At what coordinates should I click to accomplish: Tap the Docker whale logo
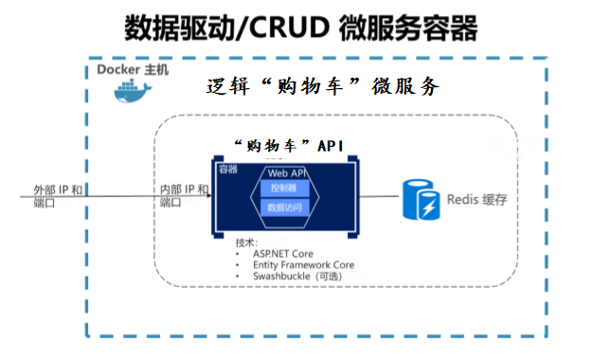(x=132, y=92)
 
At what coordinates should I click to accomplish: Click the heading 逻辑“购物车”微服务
(x=323, y=87)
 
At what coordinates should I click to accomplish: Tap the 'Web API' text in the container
(x=285, y=173)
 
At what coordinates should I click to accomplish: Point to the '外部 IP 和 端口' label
(x=56, y=196)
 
